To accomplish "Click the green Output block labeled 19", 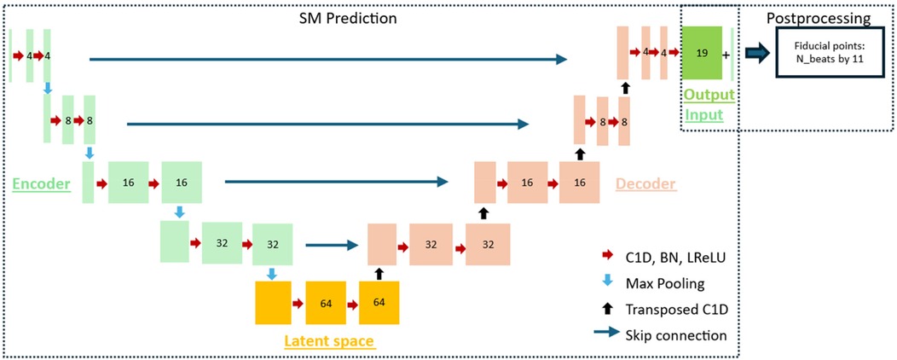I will tap(702, 53).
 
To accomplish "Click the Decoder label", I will tap(645, 183).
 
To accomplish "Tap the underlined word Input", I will tap(704, 114).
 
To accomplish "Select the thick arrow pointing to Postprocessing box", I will tap(756, 53).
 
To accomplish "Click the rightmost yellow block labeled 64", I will tap(379, 303).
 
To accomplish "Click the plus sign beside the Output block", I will tap(726, 54).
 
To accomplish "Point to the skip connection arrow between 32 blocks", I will tap(329, 246).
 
